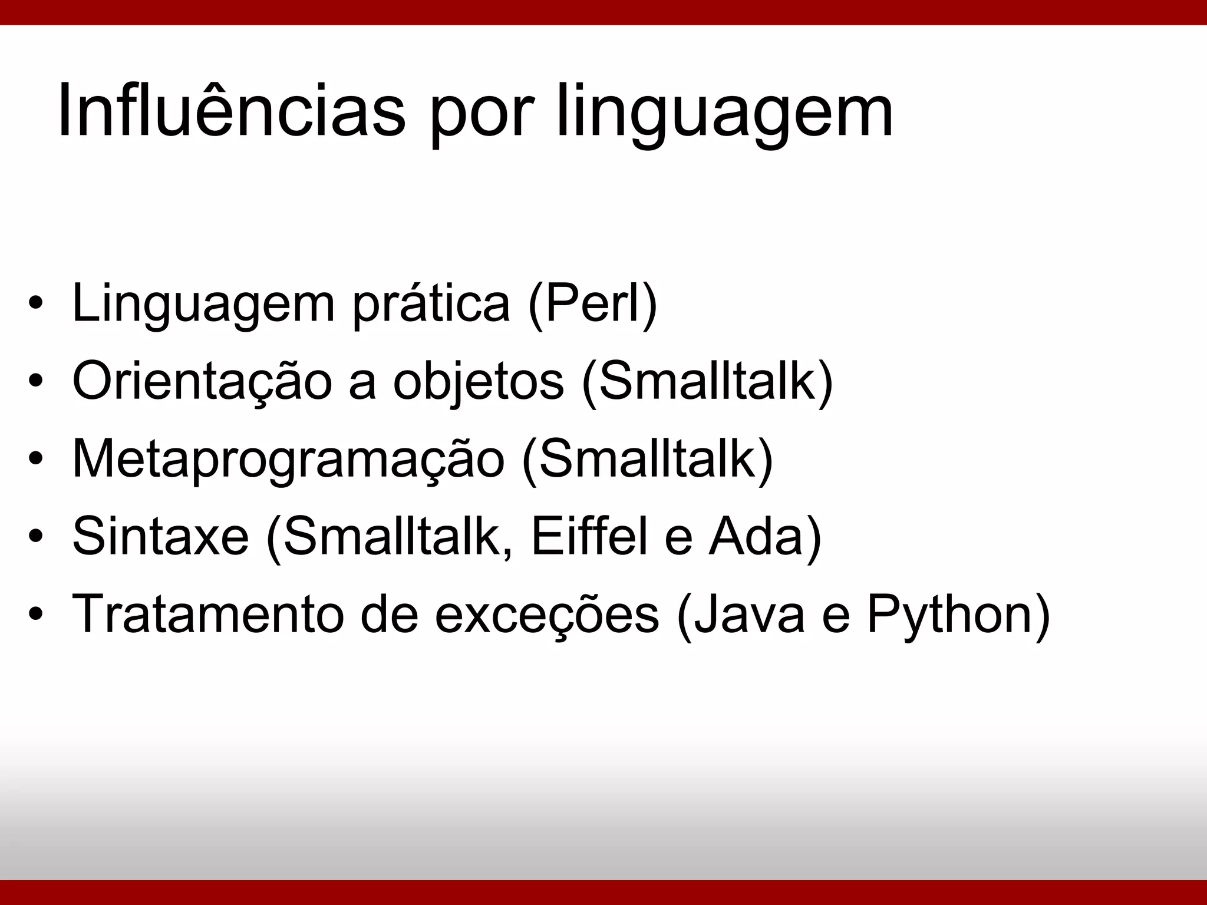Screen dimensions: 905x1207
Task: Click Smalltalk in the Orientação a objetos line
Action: [x=707, y=382]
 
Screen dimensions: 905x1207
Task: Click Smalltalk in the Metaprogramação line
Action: [x=647, y=460]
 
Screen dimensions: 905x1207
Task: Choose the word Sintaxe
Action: [x=160, y=537]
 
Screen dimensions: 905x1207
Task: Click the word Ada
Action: [x=757, y=537]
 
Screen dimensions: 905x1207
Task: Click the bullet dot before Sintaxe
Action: [x=36, y=537]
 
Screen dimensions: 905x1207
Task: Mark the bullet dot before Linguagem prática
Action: [x=36, y=305]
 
